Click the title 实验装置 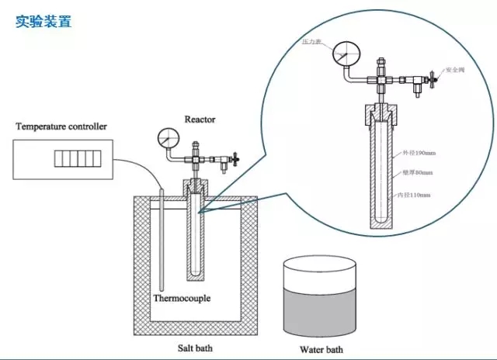[x=43, y=22]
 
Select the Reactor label [x=200, y=119]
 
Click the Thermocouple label [x=181, y=297]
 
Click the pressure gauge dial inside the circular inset [x=342, y=56]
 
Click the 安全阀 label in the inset [x=455, y=70]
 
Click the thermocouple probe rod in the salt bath [x=161, y=241]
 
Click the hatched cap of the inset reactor [x=380, y=113]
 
